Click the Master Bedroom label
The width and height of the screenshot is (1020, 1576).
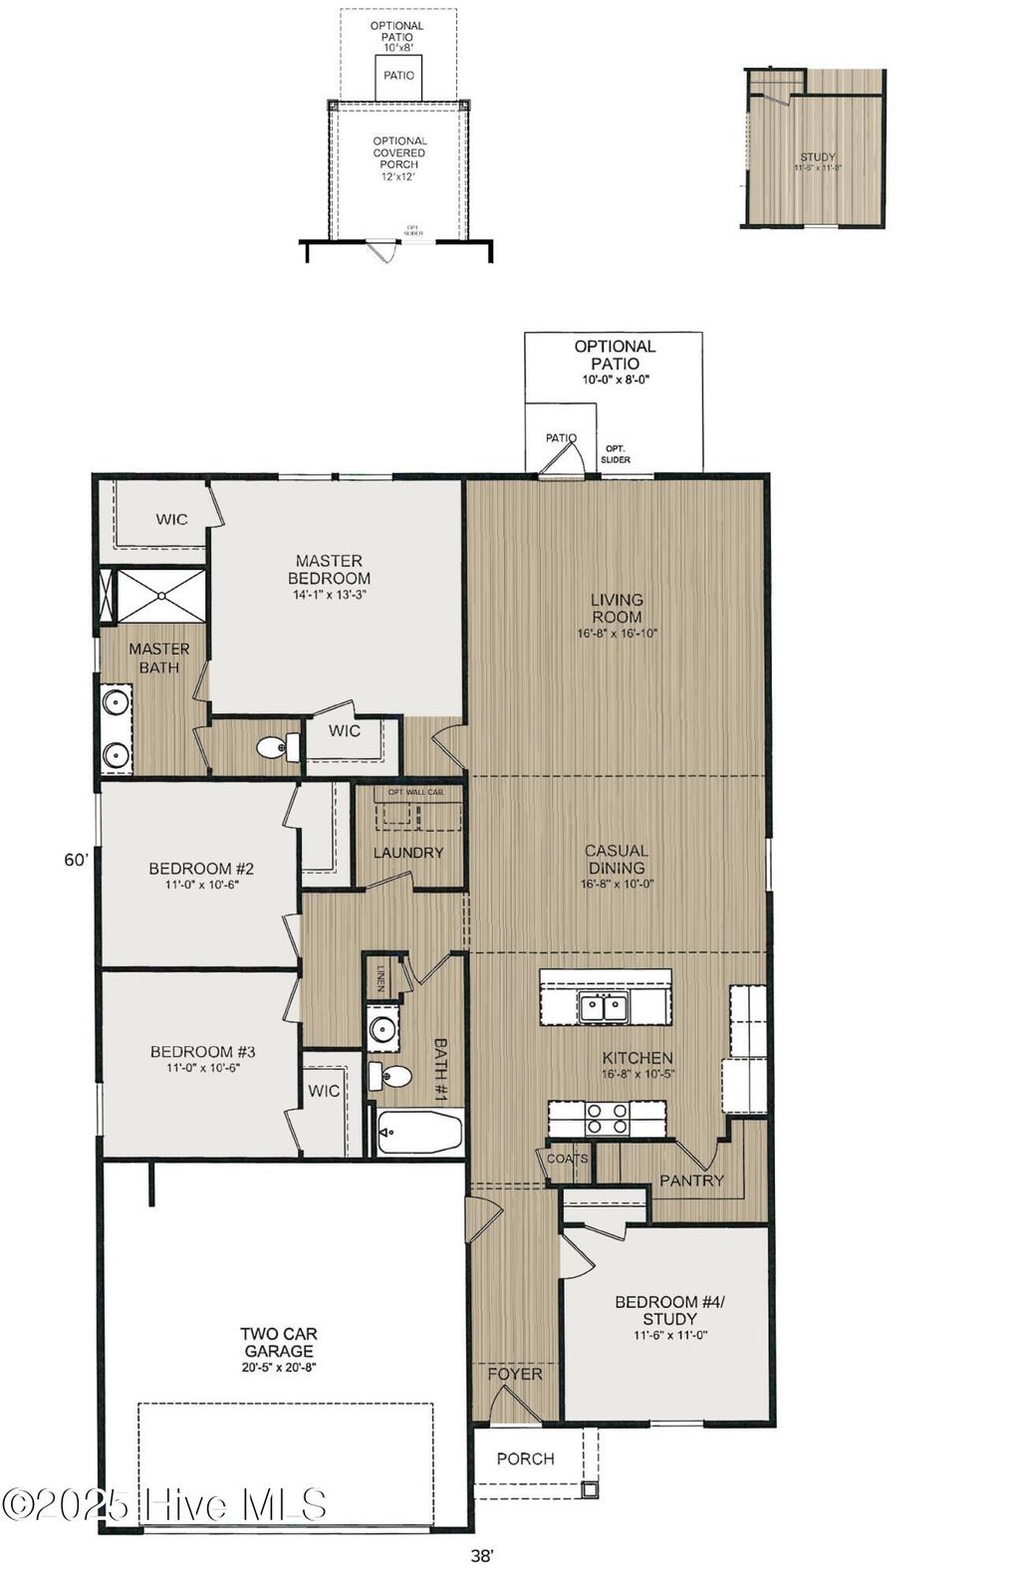(x=329, y=570)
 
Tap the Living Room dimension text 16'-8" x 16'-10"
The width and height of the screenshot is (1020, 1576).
(x=617, y=634)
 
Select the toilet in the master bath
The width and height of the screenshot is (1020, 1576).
(x=277, y=745)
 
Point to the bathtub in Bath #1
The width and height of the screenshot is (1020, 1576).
(x=419, y=1133)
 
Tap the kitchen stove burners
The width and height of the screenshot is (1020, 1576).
(x=606, y=1118)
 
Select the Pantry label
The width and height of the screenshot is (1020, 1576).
(x=691, y=1181)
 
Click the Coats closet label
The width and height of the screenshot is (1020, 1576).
(x=567, y=1159)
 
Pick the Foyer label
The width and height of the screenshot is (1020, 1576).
(x=515, y=1374)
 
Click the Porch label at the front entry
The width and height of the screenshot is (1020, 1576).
(x=525, y=1458)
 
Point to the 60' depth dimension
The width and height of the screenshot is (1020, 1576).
(x=77, y=860)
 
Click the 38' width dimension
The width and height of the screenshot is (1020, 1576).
(x=482, y=1553)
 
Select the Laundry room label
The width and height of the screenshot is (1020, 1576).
(x=408, y=853)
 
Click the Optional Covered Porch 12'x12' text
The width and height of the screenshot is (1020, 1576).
(x=399, y=158)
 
